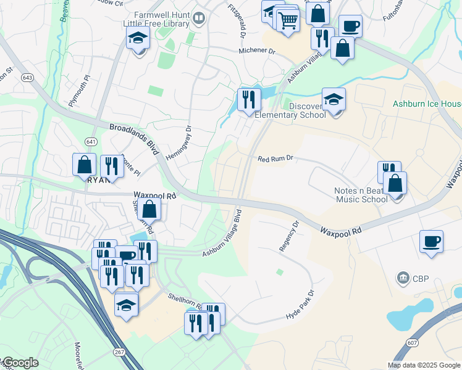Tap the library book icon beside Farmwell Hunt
pyautogui.click(x=199, y=18)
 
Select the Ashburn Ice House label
pyautogui.click(x=427, y=104)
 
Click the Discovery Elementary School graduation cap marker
pyautogui.click(x=334, y=101)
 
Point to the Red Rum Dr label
pyautogui.click(x=274, y=159)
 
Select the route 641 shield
pyautogui.click(x=91, y=141)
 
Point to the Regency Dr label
pyautogui.click(x=288, y=237)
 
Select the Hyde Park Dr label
pyautogui.click(x=300, y=305)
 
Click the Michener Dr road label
pyautogui.click(x=257, y=51)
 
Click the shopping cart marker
pyautogui.click(x=288, y=20)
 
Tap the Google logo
pyautogui.click(x=20, y=363)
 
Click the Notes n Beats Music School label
pyautogui.click(x=361, y=194)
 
